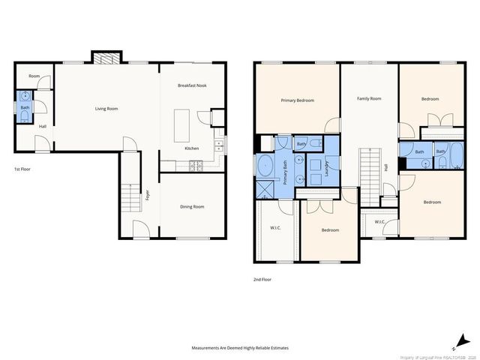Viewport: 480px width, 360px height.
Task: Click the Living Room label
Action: (x=106, y=109)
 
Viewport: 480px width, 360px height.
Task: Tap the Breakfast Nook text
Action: (x=193, y=86)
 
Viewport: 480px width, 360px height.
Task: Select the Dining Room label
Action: (x=192, y=206)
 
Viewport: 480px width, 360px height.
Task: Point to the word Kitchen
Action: (x=192, y=148)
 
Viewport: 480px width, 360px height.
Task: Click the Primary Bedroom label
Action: (x=297, y=100)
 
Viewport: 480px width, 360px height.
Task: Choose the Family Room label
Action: (x=368, y=98)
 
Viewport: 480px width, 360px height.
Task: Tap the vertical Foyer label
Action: (x=148, y=196)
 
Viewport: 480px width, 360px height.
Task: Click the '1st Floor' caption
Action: (x=22, y=169)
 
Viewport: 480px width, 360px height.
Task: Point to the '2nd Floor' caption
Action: (x=262, y=279)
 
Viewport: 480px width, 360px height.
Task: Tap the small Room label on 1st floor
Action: (x=34, y=76)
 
